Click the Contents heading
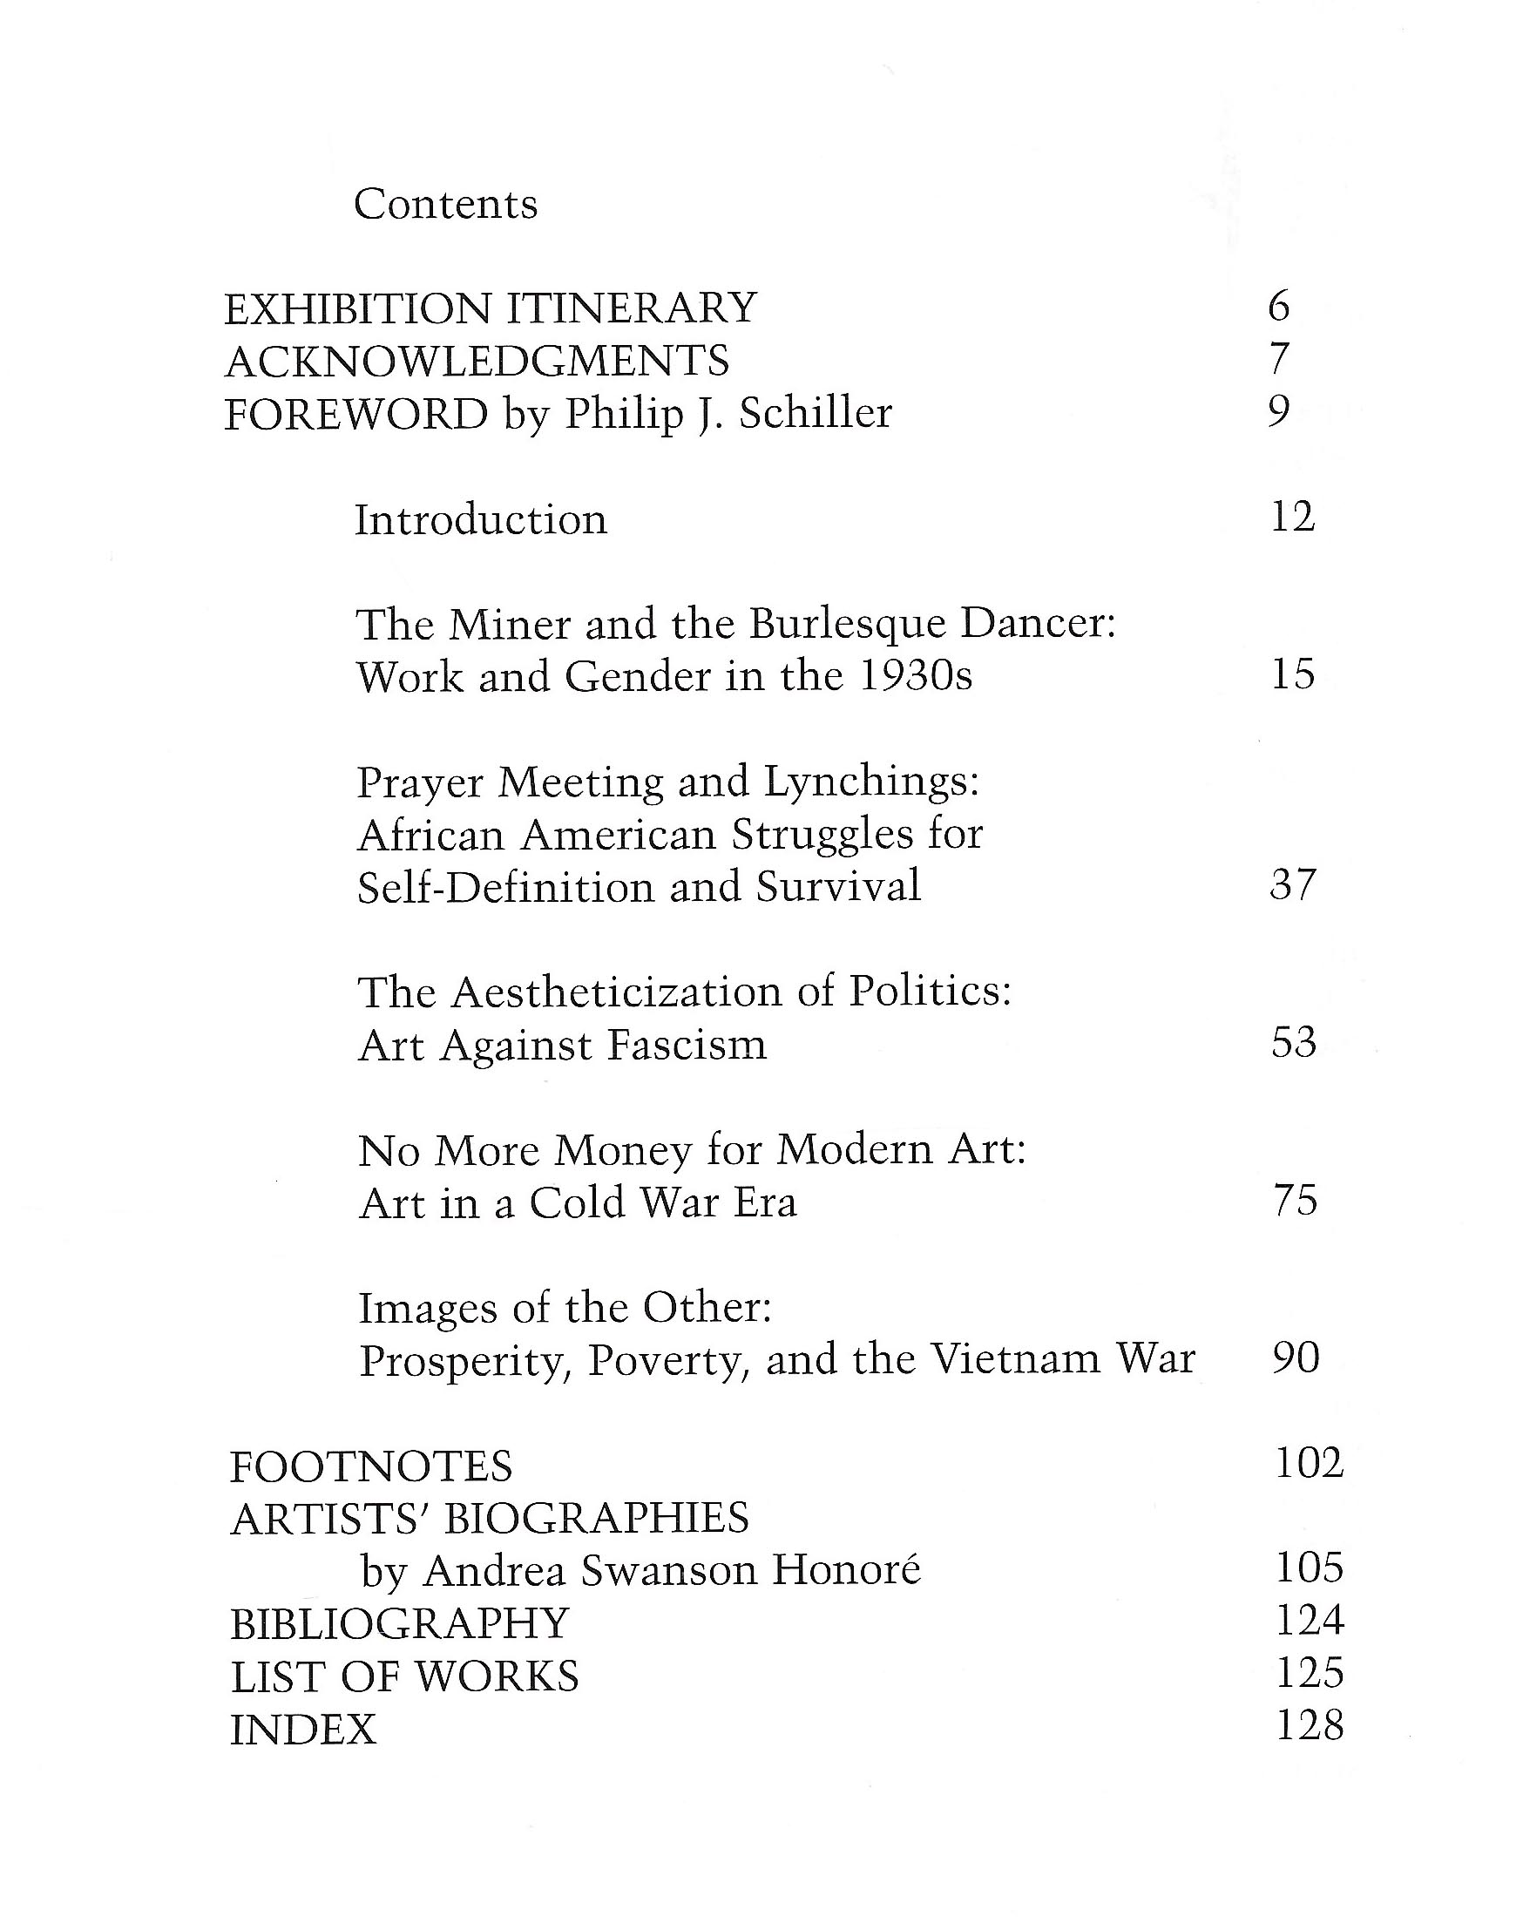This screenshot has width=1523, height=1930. [x=445, y=204]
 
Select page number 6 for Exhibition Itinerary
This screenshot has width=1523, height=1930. [x=1278, y=307]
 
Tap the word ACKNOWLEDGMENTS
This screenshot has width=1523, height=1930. [x=477, y=362]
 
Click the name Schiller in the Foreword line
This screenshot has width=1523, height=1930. [x=816, y=413]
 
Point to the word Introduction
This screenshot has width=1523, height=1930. [x=481, y=519]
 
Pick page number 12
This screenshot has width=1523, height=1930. [x=1292, y=518]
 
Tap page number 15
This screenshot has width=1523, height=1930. [x=1293, y=674]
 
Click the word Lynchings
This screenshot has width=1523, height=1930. [x=871, y=782]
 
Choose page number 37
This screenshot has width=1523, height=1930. [x=1293, y=884]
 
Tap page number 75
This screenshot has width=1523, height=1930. [x=1295, y=1201]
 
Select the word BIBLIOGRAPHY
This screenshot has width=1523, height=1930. [x=399, y=1623]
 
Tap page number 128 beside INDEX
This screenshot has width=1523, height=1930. [x=1309, y=1726]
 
